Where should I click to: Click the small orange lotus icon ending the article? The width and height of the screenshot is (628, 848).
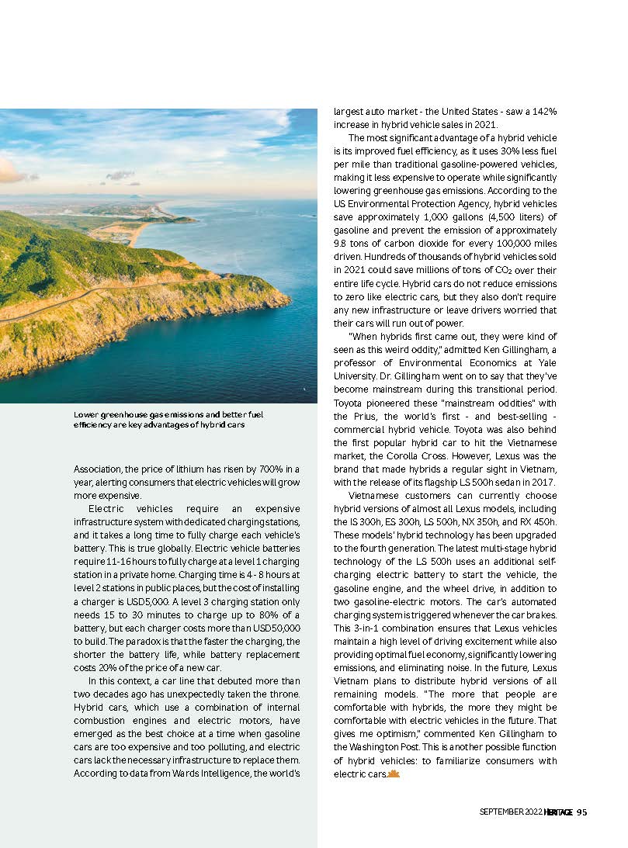(393, 774)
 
